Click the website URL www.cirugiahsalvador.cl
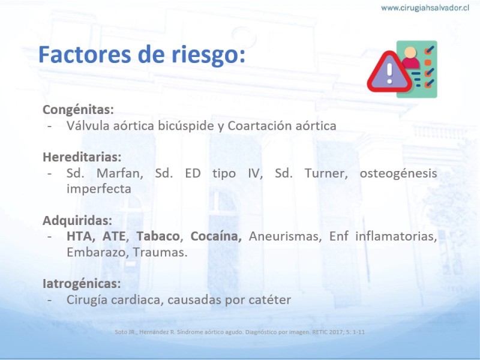pyautogui.click(x=425, y=8)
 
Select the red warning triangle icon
pyautogui.click(x=389, y=72)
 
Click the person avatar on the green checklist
pyautogui.click(x=410, y=58)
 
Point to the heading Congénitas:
pyautogui.click(x=78, y=110)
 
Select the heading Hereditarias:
pyautogui.click(x=82, y=157)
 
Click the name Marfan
pyautogui.click(x=120, y=173)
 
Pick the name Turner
pyautogui.click(x=326, y=173)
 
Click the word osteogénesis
pyautogui.click(x=398, y=173)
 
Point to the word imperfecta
pyautogui.click(x=99, y=189)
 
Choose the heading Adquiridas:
pyautogui.click(x=77, y=221)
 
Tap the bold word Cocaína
pyautogui.click(x=216, y=236)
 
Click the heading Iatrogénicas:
pyautogui.click(x=82, y=284)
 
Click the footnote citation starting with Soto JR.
pyautogui.click(x=239, y=332)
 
